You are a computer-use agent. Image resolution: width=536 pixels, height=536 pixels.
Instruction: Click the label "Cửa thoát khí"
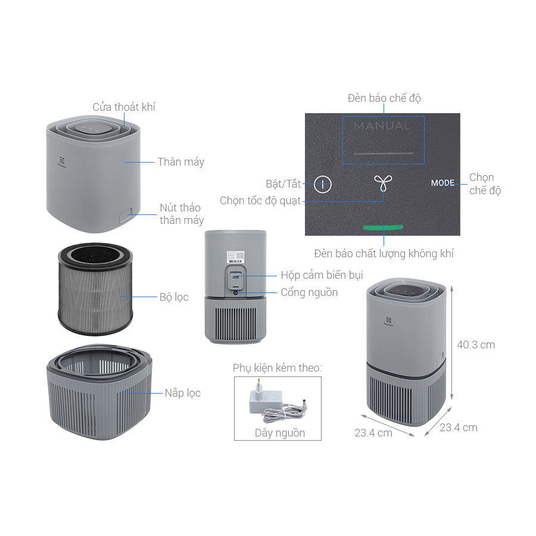point(124,107)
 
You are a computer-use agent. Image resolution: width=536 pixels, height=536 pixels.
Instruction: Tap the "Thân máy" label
point(180,162)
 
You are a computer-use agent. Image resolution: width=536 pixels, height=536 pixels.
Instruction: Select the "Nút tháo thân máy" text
point(181,214)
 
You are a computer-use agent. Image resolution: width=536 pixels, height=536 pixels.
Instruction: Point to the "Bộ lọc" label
point(173,297)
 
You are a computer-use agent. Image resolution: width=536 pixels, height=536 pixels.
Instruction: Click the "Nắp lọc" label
point(182,393)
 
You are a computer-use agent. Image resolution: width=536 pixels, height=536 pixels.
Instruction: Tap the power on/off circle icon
point(323,184)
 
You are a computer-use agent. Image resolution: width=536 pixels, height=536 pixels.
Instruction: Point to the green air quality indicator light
point(384,228)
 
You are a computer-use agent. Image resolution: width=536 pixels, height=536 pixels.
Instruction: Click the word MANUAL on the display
point(382,126)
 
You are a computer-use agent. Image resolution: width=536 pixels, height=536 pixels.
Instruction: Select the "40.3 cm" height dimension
point(476,345)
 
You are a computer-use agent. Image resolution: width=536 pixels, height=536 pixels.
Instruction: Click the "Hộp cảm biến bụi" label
point(322,275)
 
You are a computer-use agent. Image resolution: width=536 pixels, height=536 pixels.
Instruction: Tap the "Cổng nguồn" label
point(309,292)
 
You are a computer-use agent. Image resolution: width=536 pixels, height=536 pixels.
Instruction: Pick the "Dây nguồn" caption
point(279,433)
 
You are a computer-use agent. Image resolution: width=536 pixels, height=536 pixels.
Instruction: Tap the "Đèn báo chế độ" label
point(384,98)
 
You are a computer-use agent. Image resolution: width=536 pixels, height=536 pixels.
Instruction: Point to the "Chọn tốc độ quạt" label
point(260,201)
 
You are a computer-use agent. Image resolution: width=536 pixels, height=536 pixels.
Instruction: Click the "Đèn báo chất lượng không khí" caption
point(384,254)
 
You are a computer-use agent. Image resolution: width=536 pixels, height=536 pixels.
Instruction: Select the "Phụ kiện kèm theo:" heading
point(277,368)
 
